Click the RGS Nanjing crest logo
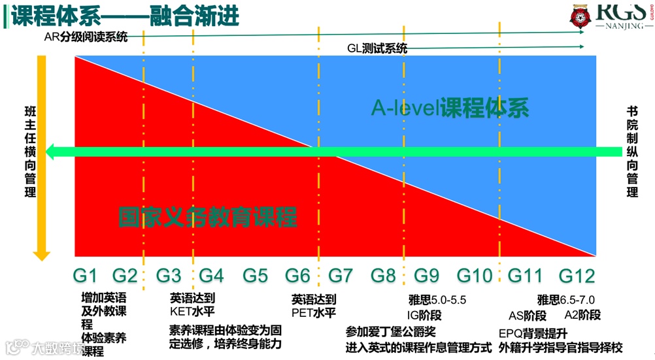579,19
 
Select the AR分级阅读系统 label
85,37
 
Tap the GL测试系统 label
377,48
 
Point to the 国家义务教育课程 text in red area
207,217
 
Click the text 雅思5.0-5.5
437,301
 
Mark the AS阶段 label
527,316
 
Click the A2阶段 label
582,315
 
